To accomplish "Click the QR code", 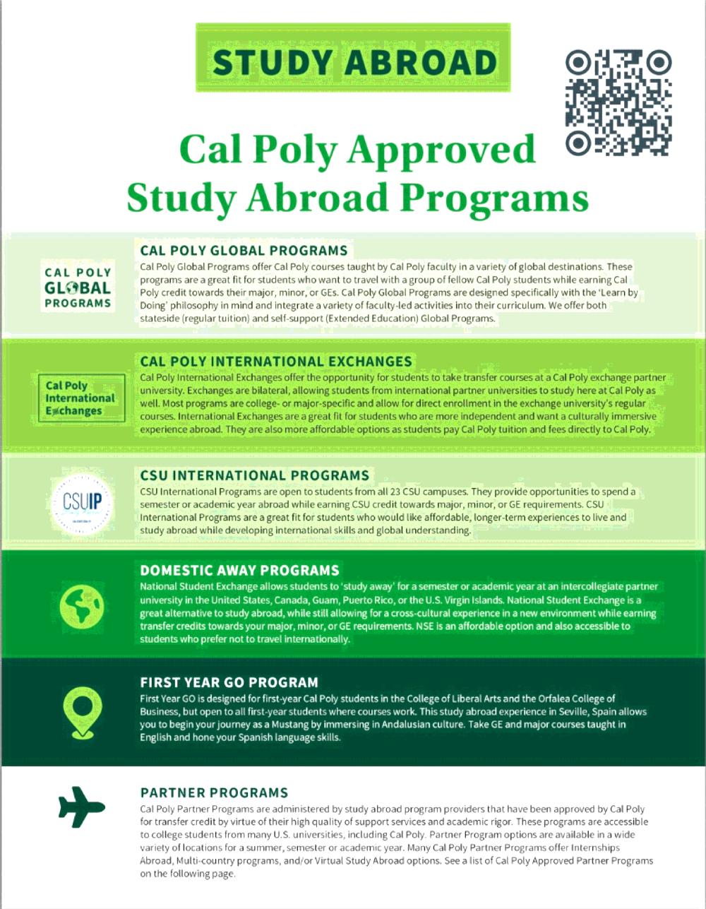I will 618,102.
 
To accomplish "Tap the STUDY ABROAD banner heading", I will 354,62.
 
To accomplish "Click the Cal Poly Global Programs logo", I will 78,287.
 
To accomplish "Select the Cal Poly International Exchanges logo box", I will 80,398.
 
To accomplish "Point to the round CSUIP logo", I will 82,502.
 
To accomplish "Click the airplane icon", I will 81,806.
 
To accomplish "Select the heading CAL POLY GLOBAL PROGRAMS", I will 244,251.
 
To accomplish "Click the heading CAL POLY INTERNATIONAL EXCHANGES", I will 276,361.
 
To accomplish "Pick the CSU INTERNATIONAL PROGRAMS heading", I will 254,475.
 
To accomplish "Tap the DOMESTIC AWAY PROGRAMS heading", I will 239,570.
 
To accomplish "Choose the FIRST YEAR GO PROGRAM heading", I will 229,682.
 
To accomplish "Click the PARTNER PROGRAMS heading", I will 214,792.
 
